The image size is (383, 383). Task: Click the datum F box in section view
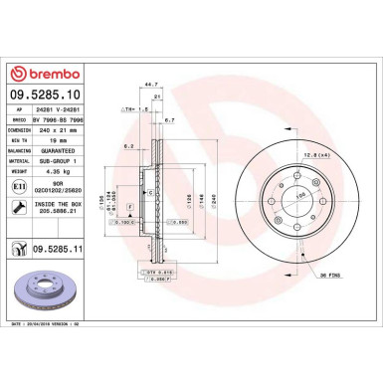[129, 205]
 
